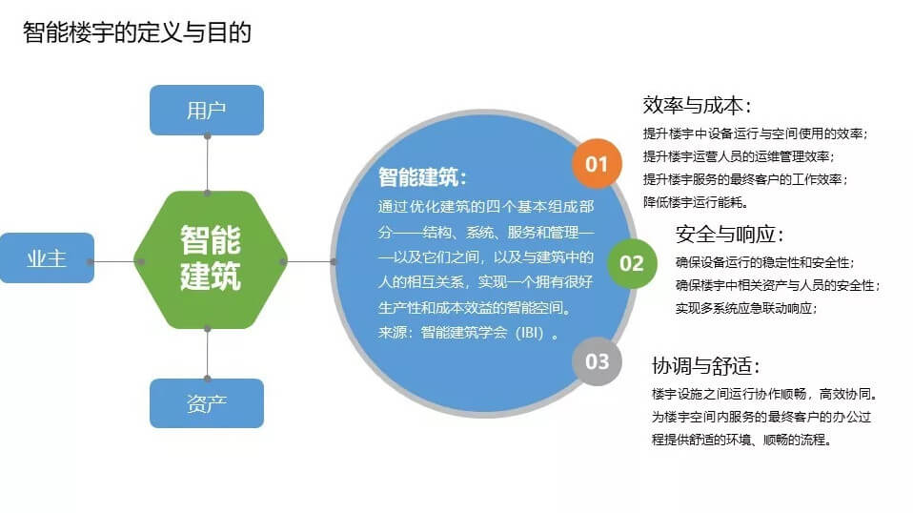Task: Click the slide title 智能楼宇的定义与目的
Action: click(137, 32)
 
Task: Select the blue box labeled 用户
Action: click(207, 110)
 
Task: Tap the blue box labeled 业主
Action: click(47, 258)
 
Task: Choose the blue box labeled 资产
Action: click(207, 403)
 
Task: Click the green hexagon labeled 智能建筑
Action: click(211, 259)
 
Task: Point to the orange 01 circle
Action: click(597, 164)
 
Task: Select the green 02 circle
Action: click(632, 263)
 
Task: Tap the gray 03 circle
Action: click(597, 361)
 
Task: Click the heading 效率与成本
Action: click(697, 106)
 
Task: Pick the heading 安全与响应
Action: click(730, 234)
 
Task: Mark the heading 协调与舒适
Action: click(705, 366)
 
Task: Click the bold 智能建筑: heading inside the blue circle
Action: click(422, 177)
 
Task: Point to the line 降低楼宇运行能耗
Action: click(695, 202)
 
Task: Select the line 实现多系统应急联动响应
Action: click(746, 308)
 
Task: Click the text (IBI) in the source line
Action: click(530, 333)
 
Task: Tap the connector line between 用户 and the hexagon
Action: click(208, 164)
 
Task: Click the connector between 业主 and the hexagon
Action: click(114, 261)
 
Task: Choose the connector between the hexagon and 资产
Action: click(208, 354)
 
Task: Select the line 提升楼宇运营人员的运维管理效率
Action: click(739, 156)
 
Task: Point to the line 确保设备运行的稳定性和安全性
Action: click(764, 262)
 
